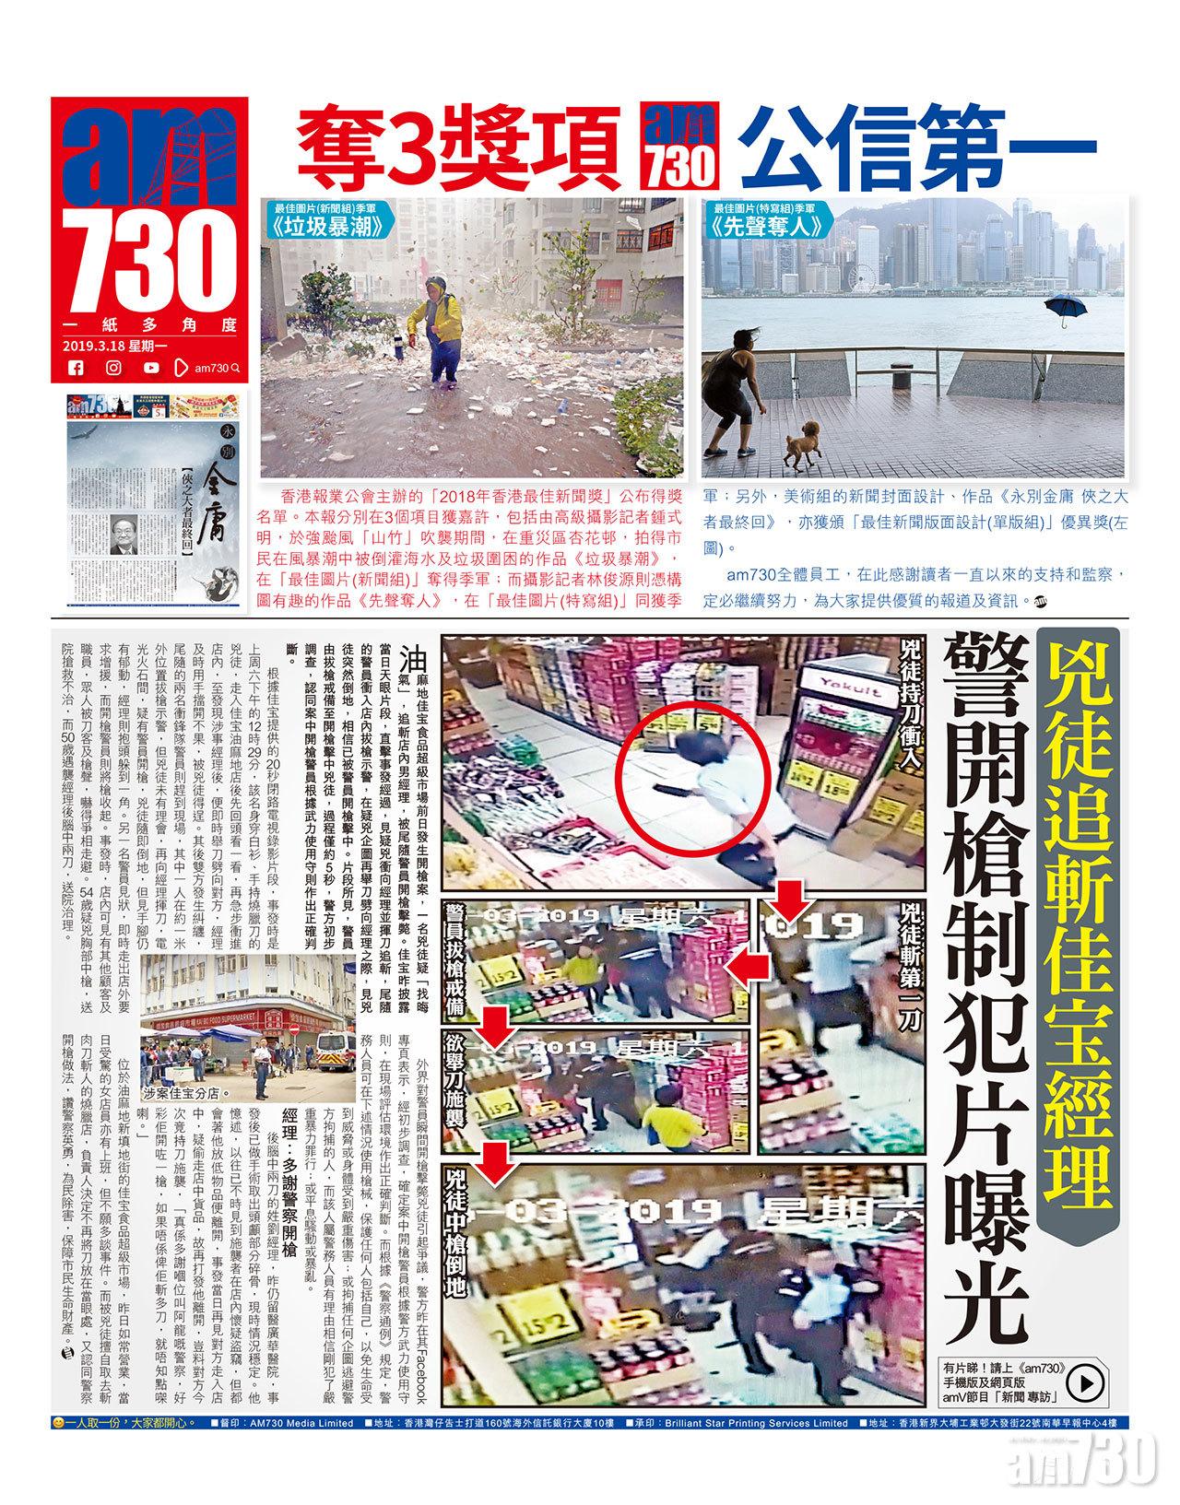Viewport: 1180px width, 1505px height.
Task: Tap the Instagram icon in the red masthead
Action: click(113, 368)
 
